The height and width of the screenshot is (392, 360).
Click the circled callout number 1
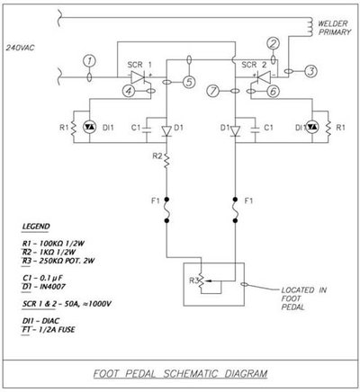88,60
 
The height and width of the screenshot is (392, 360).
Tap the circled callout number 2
274,42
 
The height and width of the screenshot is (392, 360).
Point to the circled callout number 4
129,91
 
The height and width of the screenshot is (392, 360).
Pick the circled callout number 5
188,83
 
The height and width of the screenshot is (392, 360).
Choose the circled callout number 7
213,91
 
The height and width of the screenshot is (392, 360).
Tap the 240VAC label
19,44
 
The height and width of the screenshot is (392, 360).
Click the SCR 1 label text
133,67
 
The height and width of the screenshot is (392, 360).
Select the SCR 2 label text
252,67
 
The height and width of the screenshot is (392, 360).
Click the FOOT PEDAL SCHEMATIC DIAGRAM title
180,371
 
